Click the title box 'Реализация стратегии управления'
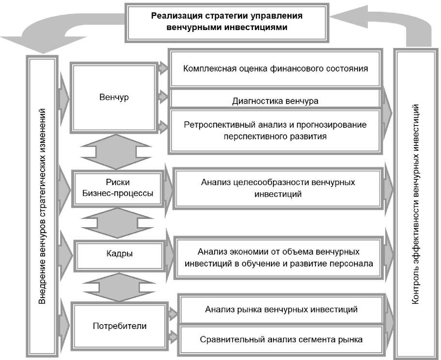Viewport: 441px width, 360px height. click(x=227, y=22)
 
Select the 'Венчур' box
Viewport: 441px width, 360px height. click(x=114, y=97)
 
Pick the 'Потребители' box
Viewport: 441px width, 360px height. click(x=119, y=326)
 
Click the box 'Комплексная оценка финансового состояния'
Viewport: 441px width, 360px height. click(x=275, y=68)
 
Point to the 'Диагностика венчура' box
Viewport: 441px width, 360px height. click(x=275, y=101)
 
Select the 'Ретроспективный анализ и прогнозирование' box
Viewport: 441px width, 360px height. click(x=275, y=130)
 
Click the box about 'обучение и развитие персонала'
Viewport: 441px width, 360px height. click(x=278, y=258)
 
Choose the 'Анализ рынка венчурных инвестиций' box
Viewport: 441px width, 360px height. click(x=281, y=309)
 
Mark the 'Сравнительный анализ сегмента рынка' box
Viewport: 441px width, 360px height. click(x=281, y=339)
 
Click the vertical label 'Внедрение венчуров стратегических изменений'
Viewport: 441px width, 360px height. click(x=43, y=206)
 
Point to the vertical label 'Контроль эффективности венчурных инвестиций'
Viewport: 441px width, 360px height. click(x=416, y=203)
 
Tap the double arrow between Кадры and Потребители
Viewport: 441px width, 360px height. click(x=115, y=286)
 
